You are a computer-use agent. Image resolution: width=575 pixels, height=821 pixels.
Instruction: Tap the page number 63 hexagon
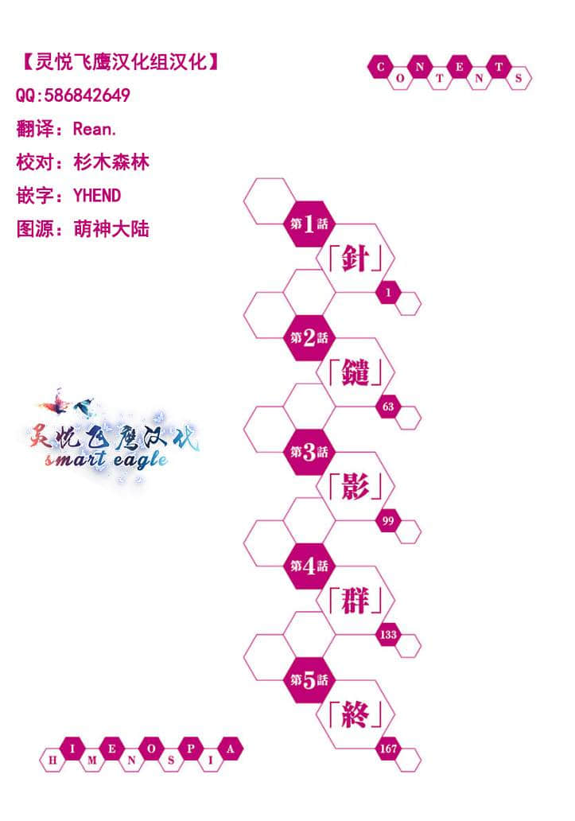point(388,407)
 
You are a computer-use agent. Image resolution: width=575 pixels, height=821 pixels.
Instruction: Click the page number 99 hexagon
point(388,521)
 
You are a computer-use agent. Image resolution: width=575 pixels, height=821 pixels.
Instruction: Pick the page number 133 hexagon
point(388,635)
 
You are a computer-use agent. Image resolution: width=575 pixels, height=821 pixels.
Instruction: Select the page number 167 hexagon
point(388,749)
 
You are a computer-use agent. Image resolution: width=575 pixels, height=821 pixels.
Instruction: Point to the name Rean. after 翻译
point(95,129)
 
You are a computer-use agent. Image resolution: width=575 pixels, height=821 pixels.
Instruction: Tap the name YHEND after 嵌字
point(97,196)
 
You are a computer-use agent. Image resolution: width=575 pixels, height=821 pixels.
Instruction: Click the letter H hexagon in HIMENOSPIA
point(52,760)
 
